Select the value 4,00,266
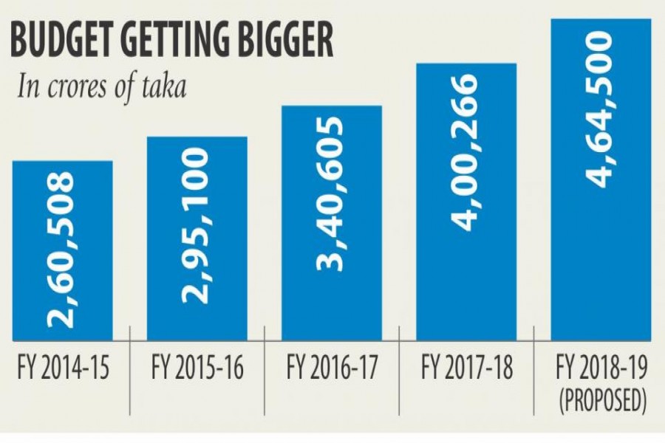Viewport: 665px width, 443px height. point(465,151)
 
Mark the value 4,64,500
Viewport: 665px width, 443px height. point(601,107)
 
